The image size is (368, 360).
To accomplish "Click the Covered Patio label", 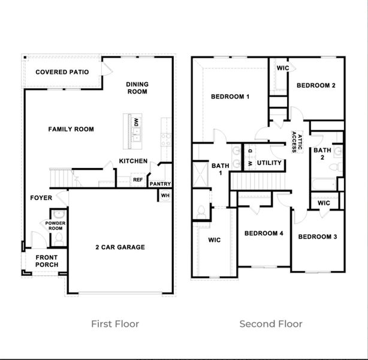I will tap(62, 72).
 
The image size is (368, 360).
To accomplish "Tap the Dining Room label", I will tap(137, 88).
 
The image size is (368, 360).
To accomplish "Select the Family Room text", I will tap(71, 129).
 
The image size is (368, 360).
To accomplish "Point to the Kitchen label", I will tap(133, 161).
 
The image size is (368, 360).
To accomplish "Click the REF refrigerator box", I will tap(138, 179).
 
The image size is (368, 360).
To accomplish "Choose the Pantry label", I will tap(160, 184).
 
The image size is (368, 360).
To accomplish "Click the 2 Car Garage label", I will tap(120, 247).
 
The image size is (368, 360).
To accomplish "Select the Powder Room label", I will tap(56, 226).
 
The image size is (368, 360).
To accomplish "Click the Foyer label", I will tap(41, 197).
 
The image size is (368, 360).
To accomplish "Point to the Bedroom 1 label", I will tap(230, 97).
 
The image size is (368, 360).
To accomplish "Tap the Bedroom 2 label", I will tap(316, 85).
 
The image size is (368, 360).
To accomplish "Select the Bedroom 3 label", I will tap(318, 237).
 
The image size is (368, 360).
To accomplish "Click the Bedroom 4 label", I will tap(264, 233).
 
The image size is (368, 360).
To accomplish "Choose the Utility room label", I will tap(269, 163).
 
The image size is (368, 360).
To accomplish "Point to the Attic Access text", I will tap(296, 142).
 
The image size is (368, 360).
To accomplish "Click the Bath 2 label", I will tap(322, 154).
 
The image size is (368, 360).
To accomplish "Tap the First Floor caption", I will tap(115, 324).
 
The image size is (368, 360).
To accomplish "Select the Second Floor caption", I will tap(271, 324).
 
